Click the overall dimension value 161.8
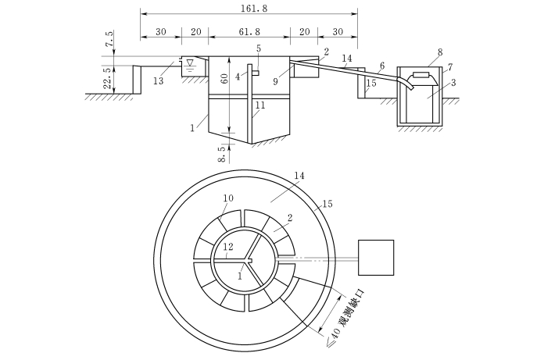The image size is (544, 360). (x=254, y=9)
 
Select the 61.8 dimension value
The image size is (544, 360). (x=249, y=32)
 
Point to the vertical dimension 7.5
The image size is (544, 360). (x=109, y=39)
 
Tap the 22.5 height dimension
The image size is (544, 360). (x=109, y=78)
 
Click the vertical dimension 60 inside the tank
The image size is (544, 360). (x=224, y=79)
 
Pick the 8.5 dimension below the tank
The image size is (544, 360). (x=223, y=154)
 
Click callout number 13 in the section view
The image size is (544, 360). (x=158, y=80)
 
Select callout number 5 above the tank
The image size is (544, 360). (x=259, y=49)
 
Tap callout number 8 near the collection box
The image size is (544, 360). (x=440, y=52)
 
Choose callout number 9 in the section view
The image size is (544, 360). (x=275, y=82)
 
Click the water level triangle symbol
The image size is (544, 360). (x=189, y=62)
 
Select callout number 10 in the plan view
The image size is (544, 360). (x=228, y=198)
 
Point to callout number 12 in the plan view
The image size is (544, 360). (x=228, y=247)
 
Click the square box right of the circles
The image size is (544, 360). (x=376, y=258)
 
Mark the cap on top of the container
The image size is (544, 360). (x=421, y=74)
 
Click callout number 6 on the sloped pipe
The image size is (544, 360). (x=382, y=66)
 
